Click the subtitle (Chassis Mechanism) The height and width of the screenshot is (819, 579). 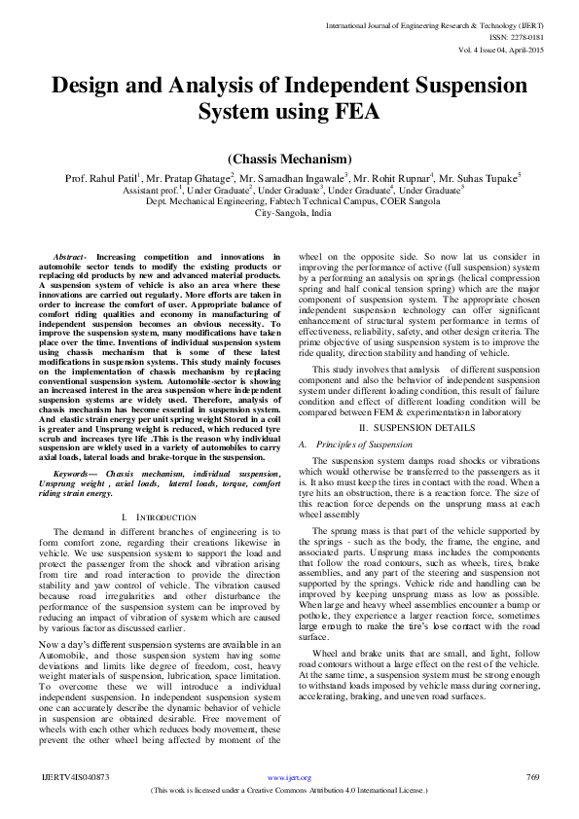pos(289,159)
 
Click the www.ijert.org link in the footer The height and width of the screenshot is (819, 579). pos(289,778)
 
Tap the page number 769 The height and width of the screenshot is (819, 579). pos(532,777)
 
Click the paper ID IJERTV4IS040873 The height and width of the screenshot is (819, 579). pos(77,778)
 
